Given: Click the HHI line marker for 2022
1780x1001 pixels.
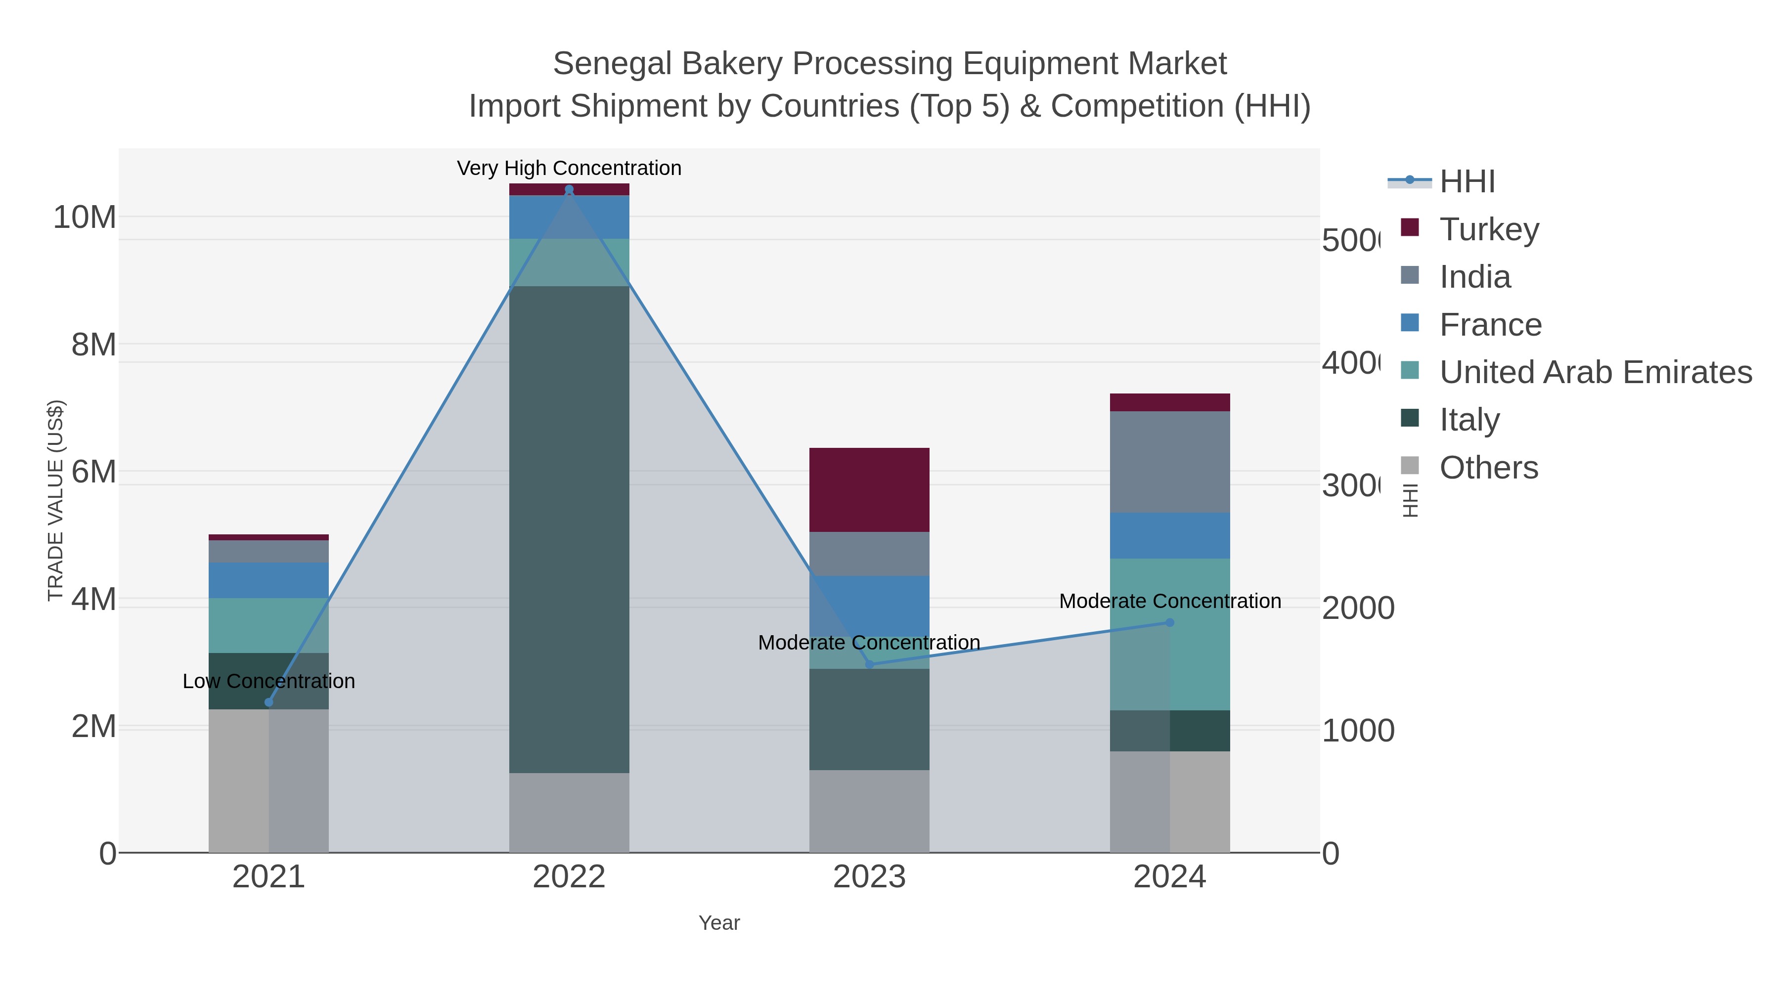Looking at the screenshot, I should (x=569, y=189).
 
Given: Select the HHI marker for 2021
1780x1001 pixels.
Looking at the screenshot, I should (x=269, y=702).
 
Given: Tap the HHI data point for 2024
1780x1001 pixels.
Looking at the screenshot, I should (x=1169, y=622).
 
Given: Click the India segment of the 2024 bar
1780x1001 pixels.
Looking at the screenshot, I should (x=1169, y=462).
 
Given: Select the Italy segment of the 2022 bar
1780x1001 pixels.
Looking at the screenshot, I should (x=569, y=528).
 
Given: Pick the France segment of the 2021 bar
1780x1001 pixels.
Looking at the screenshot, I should (x=269, y=580).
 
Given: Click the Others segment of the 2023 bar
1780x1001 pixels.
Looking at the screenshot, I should (x=869, y=811).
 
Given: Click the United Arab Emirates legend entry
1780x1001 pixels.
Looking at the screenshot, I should (x=1595, y=372).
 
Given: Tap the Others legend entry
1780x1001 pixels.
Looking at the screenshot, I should (x=1488, y=467).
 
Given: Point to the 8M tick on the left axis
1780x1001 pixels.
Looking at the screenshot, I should (x=94, y=344).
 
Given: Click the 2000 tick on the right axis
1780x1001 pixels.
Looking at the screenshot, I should (x=1357, y=608).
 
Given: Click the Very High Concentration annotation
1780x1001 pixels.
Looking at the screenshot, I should (x=569, y=168).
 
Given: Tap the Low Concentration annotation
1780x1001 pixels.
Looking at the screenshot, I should (x=269, y=681).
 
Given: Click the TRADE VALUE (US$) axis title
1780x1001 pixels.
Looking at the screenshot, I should (x=55, y=500).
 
